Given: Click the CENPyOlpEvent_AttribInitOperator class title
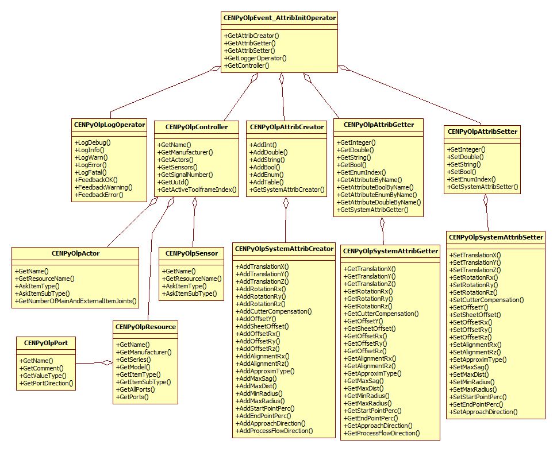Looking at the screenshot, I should pos(279,18).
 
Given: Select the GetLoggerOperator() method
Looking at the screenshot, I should pos(256,58).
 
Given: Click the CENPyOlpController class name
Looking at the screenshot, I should pos(196,127).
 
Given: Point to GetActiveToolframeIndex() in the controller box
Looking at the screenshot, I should pos(197,189).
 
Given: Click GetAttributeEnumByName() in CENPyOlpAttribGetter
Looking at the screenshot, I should pos(379,195).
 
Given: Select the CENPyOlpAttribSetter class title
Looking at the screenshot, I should pos(482,132).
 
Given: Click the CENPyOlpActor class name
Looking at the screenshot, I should pos(75,253).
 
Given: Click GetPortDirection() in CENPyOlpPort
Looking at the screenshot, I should pos(47,383).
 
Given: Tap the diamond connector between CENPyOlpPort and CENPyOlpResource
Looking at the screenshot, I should pos(106,362).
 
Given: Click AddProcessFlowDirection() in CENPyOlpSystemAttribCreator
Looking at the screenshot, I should pos(275,430).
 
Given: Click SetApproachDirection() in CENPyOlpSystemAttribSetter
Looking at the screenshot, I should pos(484,411).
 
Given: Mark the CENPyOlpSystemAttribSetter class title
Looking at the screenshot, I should pos(495,237).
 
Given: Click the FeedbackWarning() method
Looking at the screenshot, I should pos(103,187).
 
